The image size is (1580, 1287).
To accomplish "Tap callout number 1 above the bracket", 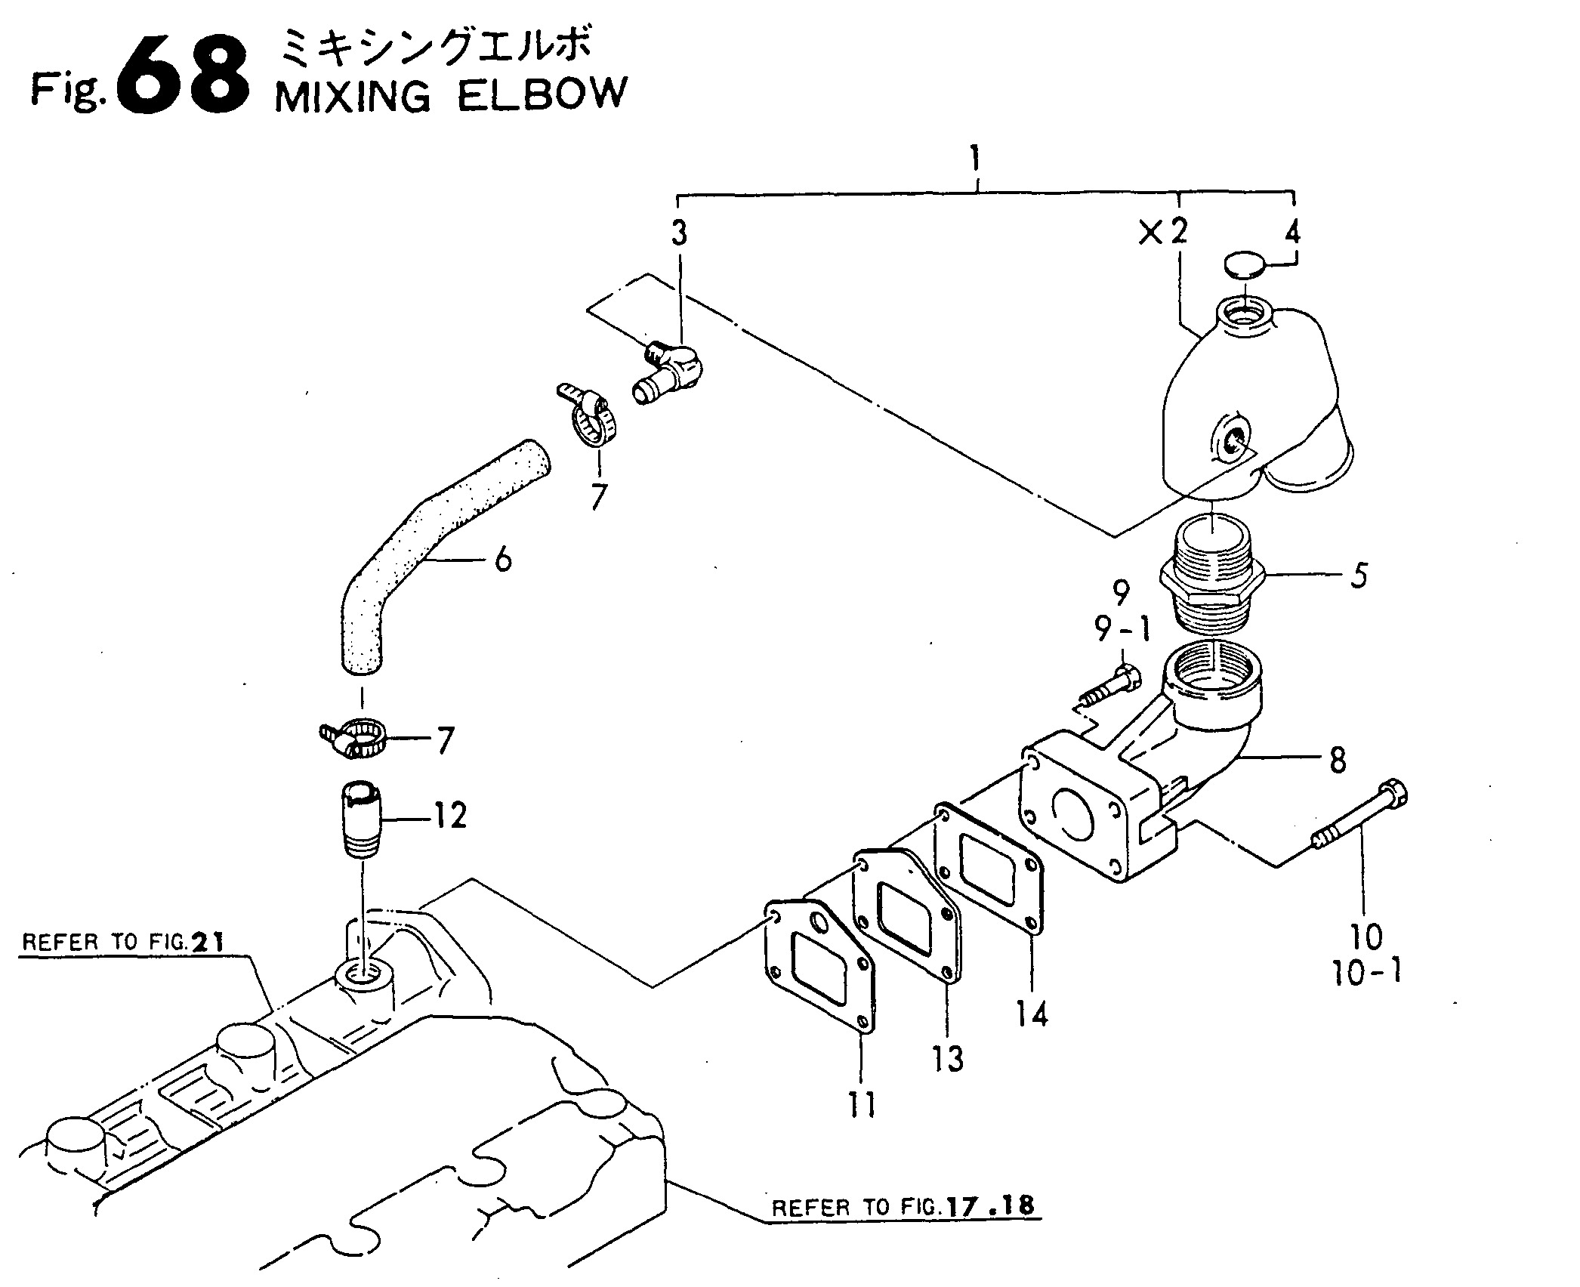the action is tap(977, 160).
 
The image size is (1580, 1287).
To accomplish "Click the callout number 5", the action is tap(1358, 576).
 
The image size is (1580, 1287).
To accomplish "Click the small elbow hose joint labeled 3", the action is tap(665, 372).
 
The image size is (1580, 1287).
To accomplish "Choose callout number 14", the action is tap(1032, 1014).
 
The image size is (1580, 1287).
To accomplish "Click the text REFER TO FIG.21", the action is tap(124, 943).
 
